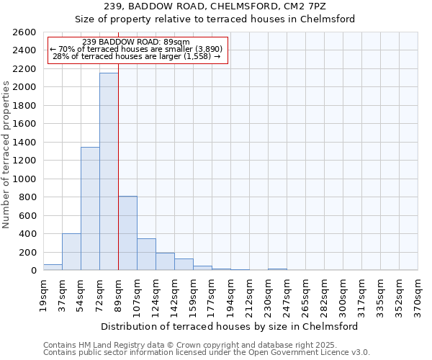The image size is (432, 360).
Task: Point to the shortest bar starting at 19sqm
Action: click(x=53, y=267)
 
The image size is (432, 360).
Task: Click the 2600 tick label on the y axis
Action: click(x=24, y=32)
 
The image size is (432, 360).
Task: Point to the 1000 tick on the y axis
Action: click(x=24, y=179)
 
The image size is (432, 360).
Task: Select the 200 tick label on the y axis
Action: click(x=27, y=252)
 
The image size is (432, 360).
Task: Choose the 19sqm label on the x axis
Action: click(x=43, y=294)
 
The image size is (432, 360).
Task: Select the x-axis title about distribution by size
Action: click(x=230, y=326)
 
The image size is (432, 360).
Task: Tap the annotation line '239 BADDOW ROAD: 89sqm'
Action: click(x=136, y=42)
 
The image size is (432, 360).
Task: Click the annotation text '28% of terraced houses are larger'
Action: click(x=137, y=56)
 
